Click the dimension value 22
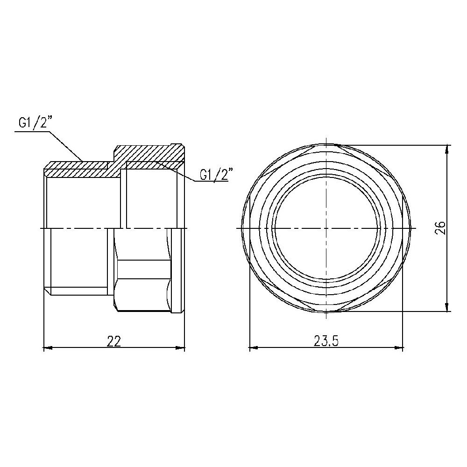[113, 341]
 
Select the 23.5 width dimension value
[326, 341]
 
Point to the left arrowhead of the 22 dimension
[47, 348]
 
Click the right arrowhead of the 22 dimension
[182, 348]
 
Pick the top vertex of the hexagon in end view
[326, 144]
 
